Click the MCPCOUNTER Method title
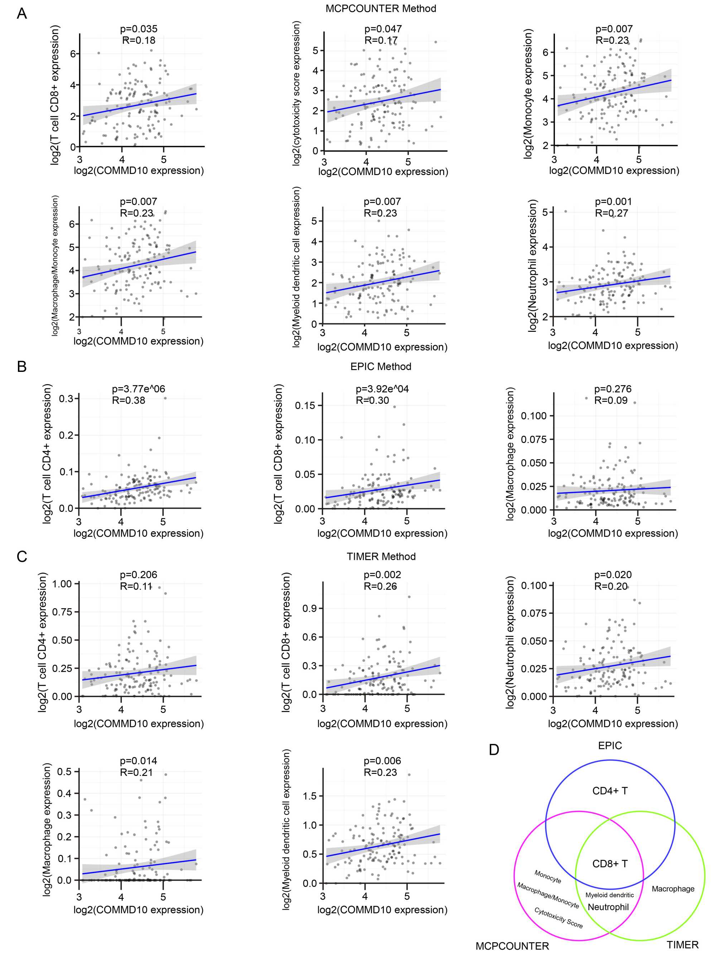coord(381,9)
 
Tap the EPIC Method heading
coord(381,367)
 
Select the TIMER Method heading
coord(381,557)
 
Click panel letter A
coord(21,14)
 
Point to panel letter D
coord(494,750)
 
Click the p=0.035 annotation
coord(139,29)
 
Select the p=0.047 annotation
coord(383,29)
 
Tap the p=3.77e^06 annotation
coord(138,389)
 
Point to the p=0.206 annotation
coord(139,575)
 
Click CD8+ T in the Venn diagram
coord(610,864)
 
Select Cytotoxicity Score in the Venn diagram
coord(558,917)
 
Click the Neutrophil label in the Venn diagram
coord(608,907)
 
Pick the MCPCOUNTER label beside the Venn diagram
coord(512,946)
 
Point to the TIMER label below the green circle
coord(682,945)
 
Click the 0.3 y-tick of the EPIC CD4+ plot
coord(66,398)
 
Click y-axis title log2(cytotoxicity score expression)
coord(296,94)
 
